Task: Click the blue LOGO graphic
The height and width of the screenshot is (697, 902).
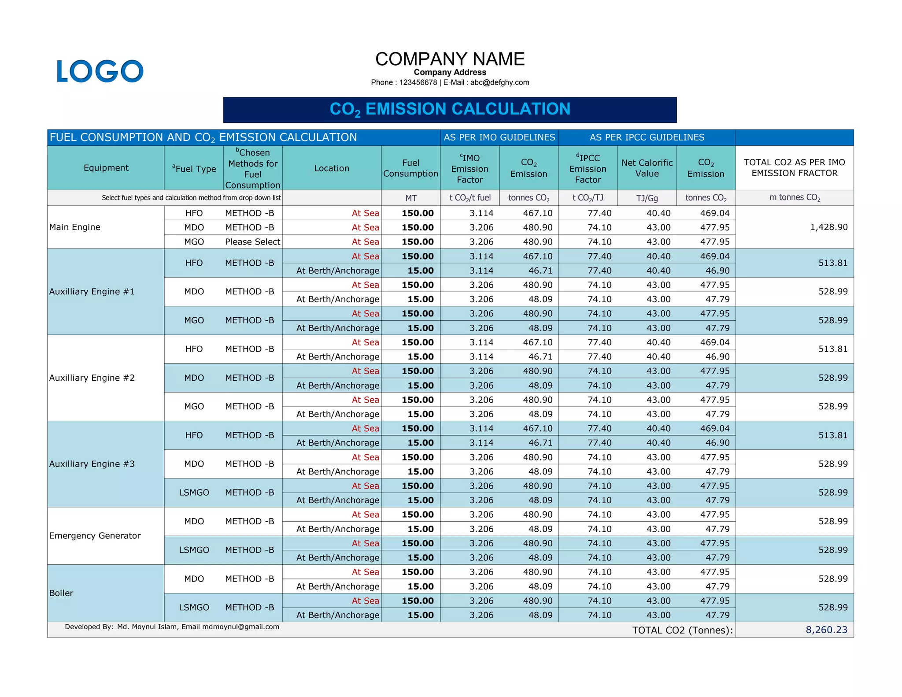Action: (100, 71)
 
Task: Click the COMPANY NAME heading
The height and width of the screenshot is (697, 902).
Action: (450, 59)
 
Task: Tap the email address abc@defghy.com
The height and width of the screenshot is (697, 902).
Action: (499, 82)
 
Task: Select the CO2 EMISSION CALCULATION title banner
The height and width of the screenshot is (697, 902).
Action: (450, 110)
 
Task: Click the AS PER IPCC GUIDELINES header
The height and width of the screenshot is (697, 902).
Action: (647, 137)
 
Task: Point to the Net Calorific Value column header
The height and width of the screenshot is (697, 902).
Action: (647, 168)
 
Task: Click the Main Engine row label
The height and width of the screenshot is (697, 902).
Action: (75, 227)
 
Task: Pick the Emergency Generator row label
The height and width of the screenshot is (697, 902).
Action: (95, 536)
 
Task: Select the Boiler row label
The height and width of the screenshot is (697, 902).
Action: (61, 593)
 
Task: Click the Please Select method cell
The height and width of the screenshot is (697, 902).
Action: (252, 242)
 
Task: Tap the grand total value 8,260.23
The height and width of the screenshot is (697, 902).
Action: (826, 630)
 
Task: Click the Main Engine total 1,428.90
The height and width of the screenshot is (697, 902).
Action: (828, 227)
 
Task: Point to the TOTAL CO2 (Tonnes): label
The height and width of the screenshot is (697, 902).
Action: (682, 630)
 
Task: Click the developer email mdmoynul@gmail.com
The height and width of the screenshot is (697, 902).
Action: (240, 627)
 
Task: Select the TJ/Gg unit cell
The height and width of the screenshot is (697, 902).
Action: (647, 198)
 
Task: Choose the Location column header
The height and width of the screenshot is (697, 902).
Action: (331, 168)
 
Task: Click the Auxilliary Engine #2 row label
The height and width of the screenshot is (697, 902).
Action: (92, 378)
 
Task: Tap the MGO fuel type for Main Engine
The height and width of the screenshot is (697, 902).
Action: (194, 242)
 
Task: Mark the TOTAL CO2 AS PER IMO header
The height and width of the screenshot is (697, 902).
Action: (794, 167)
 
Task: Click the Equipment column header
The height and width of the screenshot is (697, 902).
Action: (106, 168)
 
